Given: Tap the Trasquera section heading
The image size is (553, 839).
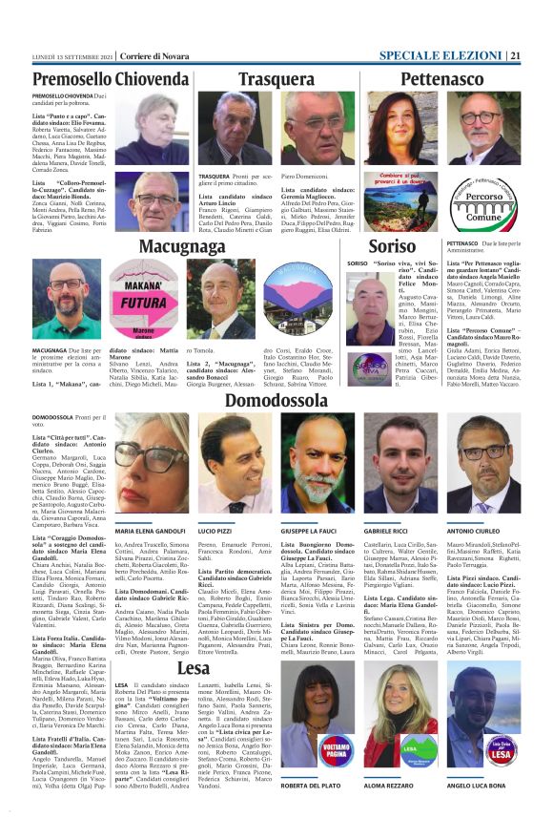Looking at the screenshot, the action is point(276,79).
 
